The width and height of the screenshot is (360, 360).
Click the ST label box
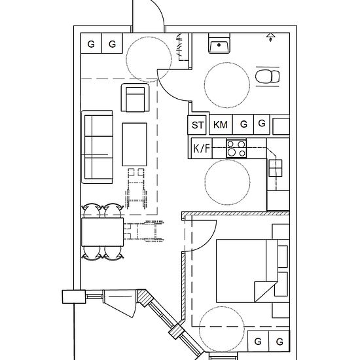[197, 124]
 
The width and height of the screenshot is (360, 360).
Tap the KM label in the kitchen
[221, 124]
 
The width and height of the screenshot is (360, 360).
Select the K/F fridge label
[202, 149]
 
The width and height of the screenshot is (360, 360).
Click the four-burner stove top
[236, 149]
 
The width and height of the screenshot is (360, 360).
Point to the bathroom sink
[219, 43]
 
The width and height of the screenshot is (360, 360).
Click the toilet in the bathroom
[268, 77]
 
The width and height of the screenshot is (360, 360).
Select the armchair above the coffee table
[135, 98]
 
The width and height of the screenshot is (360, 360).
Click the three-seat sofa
[98, 147]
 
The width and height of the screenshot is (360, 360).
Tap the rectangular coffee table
[135, 145]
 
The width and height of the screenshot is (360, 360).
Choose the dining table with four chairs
[102, 232]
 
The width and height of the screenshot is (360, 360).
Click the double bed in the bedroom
[247, 271]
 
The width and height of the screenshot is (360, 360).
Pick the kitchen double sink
[276, 168]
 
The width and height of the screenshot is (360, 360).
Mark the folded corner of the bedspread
[264, 291]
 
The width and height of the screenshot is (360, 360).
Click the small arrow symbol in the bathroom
[271, 37]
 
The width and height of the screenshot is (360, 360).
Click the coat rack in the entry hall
[180, 46]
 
